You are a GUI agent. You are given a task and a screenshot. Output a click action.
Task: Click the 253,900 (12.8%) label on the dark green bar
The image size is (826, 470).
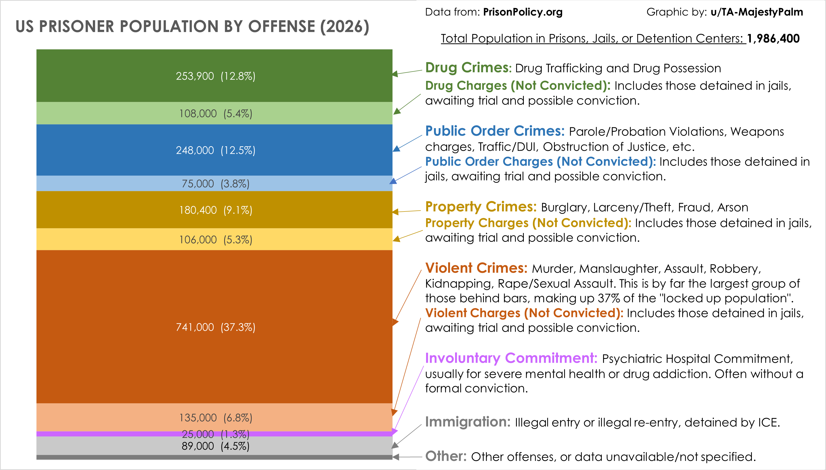(215, 76)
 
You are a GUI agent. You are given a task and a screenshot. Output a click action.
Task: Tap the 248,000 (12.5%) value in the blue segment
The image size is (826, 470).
(215, 150)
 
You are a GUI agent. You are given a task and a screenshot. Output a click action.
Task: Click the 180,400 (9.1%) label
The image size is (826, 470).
(215, 210)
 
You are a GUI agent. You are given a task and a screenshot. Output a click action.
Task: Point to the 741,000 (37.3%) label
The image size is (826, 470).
(215, 327)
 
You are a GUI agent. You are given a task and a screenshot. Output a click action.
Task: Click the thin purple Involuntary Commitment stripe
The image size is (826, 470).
(129, 434)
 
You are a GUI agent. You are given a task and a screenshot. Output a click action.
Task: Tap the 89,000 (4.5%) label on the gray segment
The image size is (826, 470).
(215, 446)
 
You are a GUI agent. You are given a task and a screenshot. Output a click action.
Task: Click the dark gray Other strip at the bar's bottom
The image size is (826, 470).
(214, 457)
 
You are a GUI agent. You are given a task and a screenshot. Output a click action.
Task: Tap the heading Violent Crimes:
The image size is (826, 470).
(476, 268)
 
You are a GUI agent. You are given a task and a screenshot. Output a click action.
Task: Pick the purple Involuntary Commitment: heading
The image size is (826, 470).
(511, 358)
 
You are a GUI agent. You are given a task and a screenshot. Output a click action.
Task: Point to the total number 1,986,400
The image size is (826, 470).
(773, 39)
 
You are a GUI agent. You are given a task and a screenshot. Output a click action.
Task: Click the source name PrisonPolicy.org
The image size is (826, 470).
(523, 12)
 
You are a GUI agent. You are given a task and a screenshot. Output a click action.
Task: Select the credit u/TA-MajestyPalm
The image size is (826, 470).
(757, 12)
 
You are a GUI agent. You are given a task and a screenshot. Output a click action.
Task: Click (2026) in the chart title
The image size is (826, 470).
(345, 26)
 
